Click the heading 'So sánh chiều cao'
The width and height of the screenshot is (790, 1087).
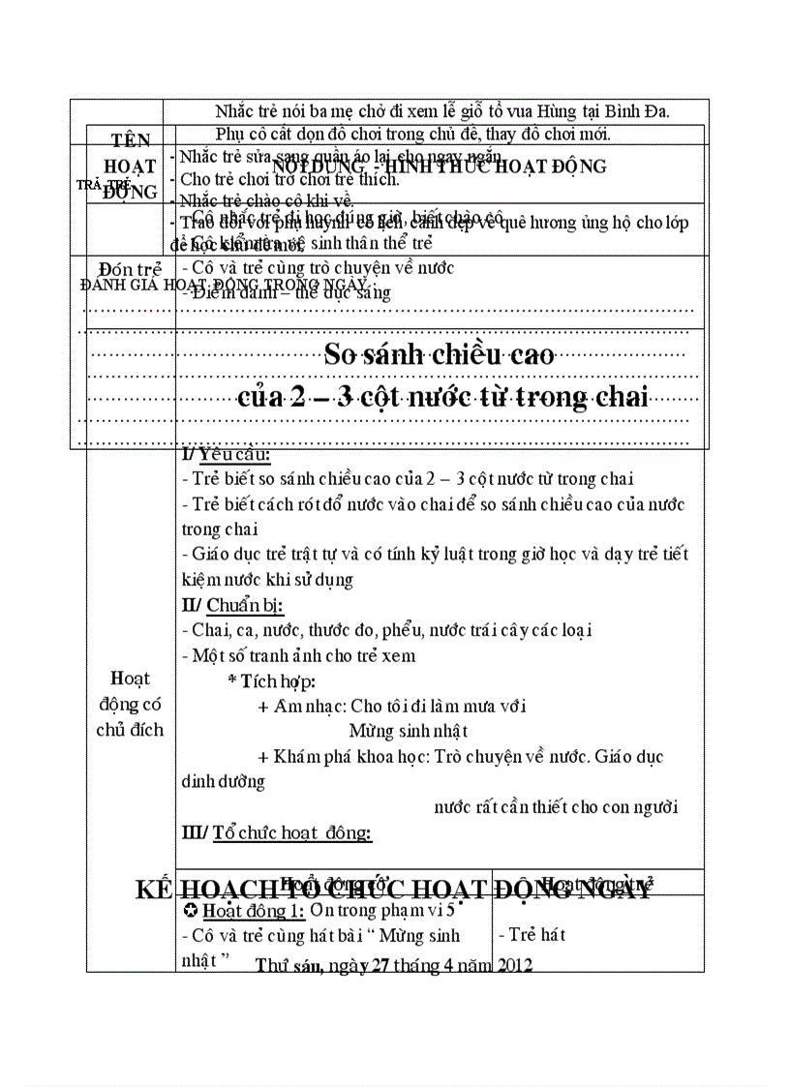(439, 354)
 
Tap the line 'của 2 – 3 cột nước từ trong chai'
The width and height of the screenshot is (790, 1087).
(442, 397)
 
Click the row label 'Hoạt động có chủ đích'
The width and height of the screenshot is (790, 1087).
(130, 703)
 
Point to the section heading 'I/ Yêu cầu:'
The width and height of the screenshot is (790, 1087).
(226, 455)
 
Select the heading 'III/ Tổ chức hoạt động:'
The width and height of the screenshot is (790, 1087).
(277, 831)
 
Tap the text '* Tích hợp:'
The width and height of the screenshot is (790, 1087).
(271, 680)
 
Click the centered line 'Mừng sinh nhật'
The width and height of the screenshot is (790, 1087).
(409, 731)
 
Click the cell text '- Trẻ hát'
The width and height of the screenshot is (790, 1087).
(532, 934)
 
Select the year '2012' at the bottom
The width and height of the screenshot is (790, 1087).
(515, 965)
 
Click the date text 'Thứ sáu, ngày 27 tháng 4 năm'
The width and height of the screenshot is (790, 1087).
(374, 965)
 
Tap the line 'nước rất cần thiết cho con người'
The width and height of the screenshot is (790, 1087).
(556, 806)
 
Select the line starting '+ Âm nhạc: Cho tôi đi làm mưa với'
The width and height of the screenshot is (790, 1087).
(392, 706)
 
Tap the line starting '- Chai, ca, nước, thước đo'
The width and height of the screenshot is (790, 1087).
(386, 630)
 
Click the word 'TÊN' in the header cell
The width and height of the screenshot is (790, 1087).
(130, 141)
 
